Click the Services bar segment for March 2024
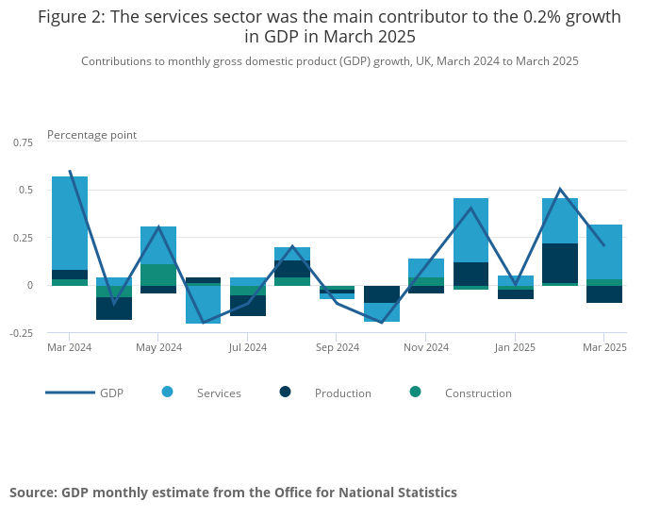pos(70,223)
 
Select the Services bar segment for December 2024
pos(470,230)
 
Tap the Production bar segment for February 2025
pos(560,263)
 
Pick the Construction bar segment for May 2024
pos(158,275)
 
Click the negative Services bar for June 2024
pos(203,305)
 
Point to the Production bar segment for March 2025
pos(604,294)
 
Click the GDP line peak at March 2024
pos(70,171)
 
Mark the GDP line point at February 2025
pos(560,190)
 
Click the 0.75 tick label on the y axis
pos(23,142)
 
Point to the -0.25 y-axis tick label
pos(21,332)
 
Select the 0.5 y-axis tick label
pos(26,190)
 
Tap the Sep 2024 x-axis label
pos(337,347)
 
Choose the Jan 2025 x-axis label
pos(515,347)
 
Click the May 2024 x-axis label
pos(158,347)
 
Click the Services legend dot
pos(168,392)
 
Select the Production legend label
pos(343,393)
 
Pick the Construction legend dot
pos(416,392)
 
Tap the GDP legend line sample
pos(70,392)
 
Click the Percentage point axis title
pos(91,135)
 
